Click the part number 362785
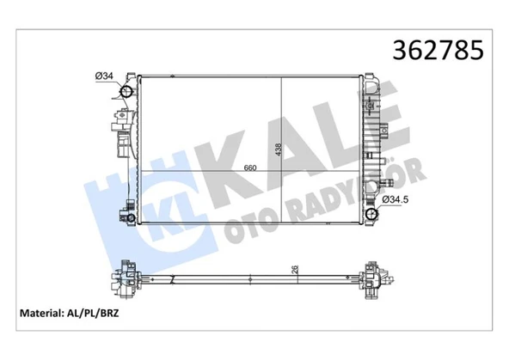438,51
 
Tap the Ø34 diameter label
104,76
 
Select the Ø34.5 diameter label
395,200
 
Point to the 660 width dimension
250,168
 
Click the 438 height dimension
279,149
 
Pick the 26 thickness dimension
295,270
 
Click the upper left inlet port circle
126,91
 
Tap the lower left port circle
131,218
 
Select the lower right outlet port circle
371,215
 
